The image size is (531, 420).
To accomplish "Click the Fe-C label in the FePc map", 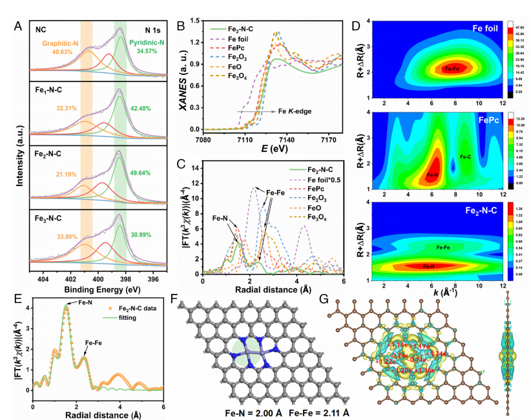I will coord(465,156).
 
